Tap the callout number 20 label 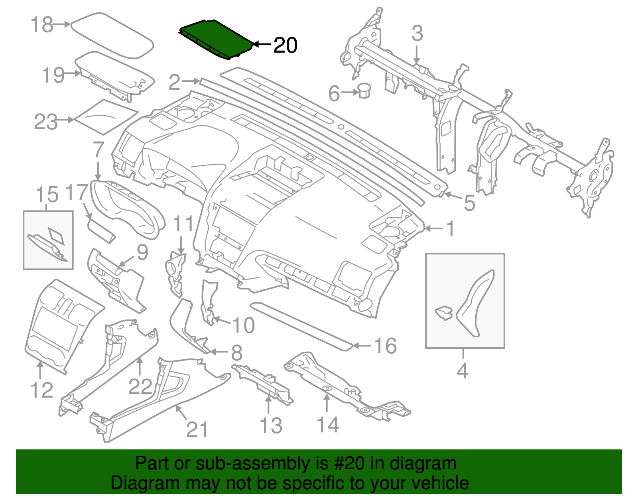(285, 45)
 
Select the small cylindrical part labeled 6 (364, 91)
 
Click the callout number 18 (41, 25)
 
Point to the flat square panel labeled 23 (106, 116)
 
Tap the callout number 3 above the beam (417, 33)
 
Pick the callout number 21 (197, 429)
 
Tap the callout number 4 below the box (462, 371)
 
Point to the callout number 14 (328, 425)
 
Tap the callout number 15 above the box (47, 195)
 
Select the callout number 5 (469, 203)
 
